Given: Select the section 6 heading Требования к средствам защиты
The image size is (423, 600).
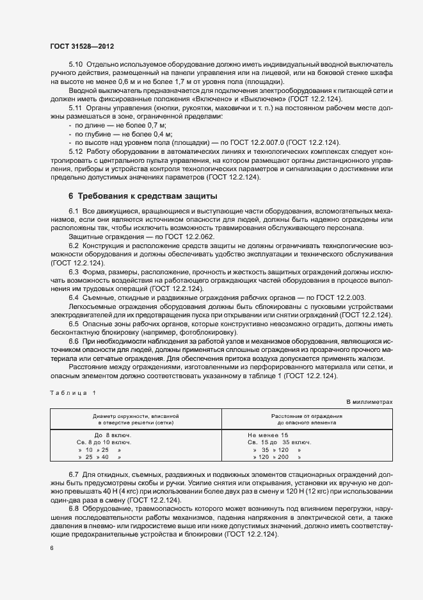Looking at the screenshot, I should [143, 195].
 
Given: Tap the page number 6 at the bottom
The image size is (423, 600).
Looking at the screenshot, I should [52, 548].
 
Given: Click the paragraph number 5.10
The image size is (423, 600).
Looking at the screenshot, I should [76, 65].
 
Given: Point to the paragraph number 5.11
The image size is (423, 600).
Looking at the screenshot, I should [76, 108].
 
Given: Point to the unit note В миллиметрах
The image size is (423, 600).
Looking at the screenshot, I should [369, 401].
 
